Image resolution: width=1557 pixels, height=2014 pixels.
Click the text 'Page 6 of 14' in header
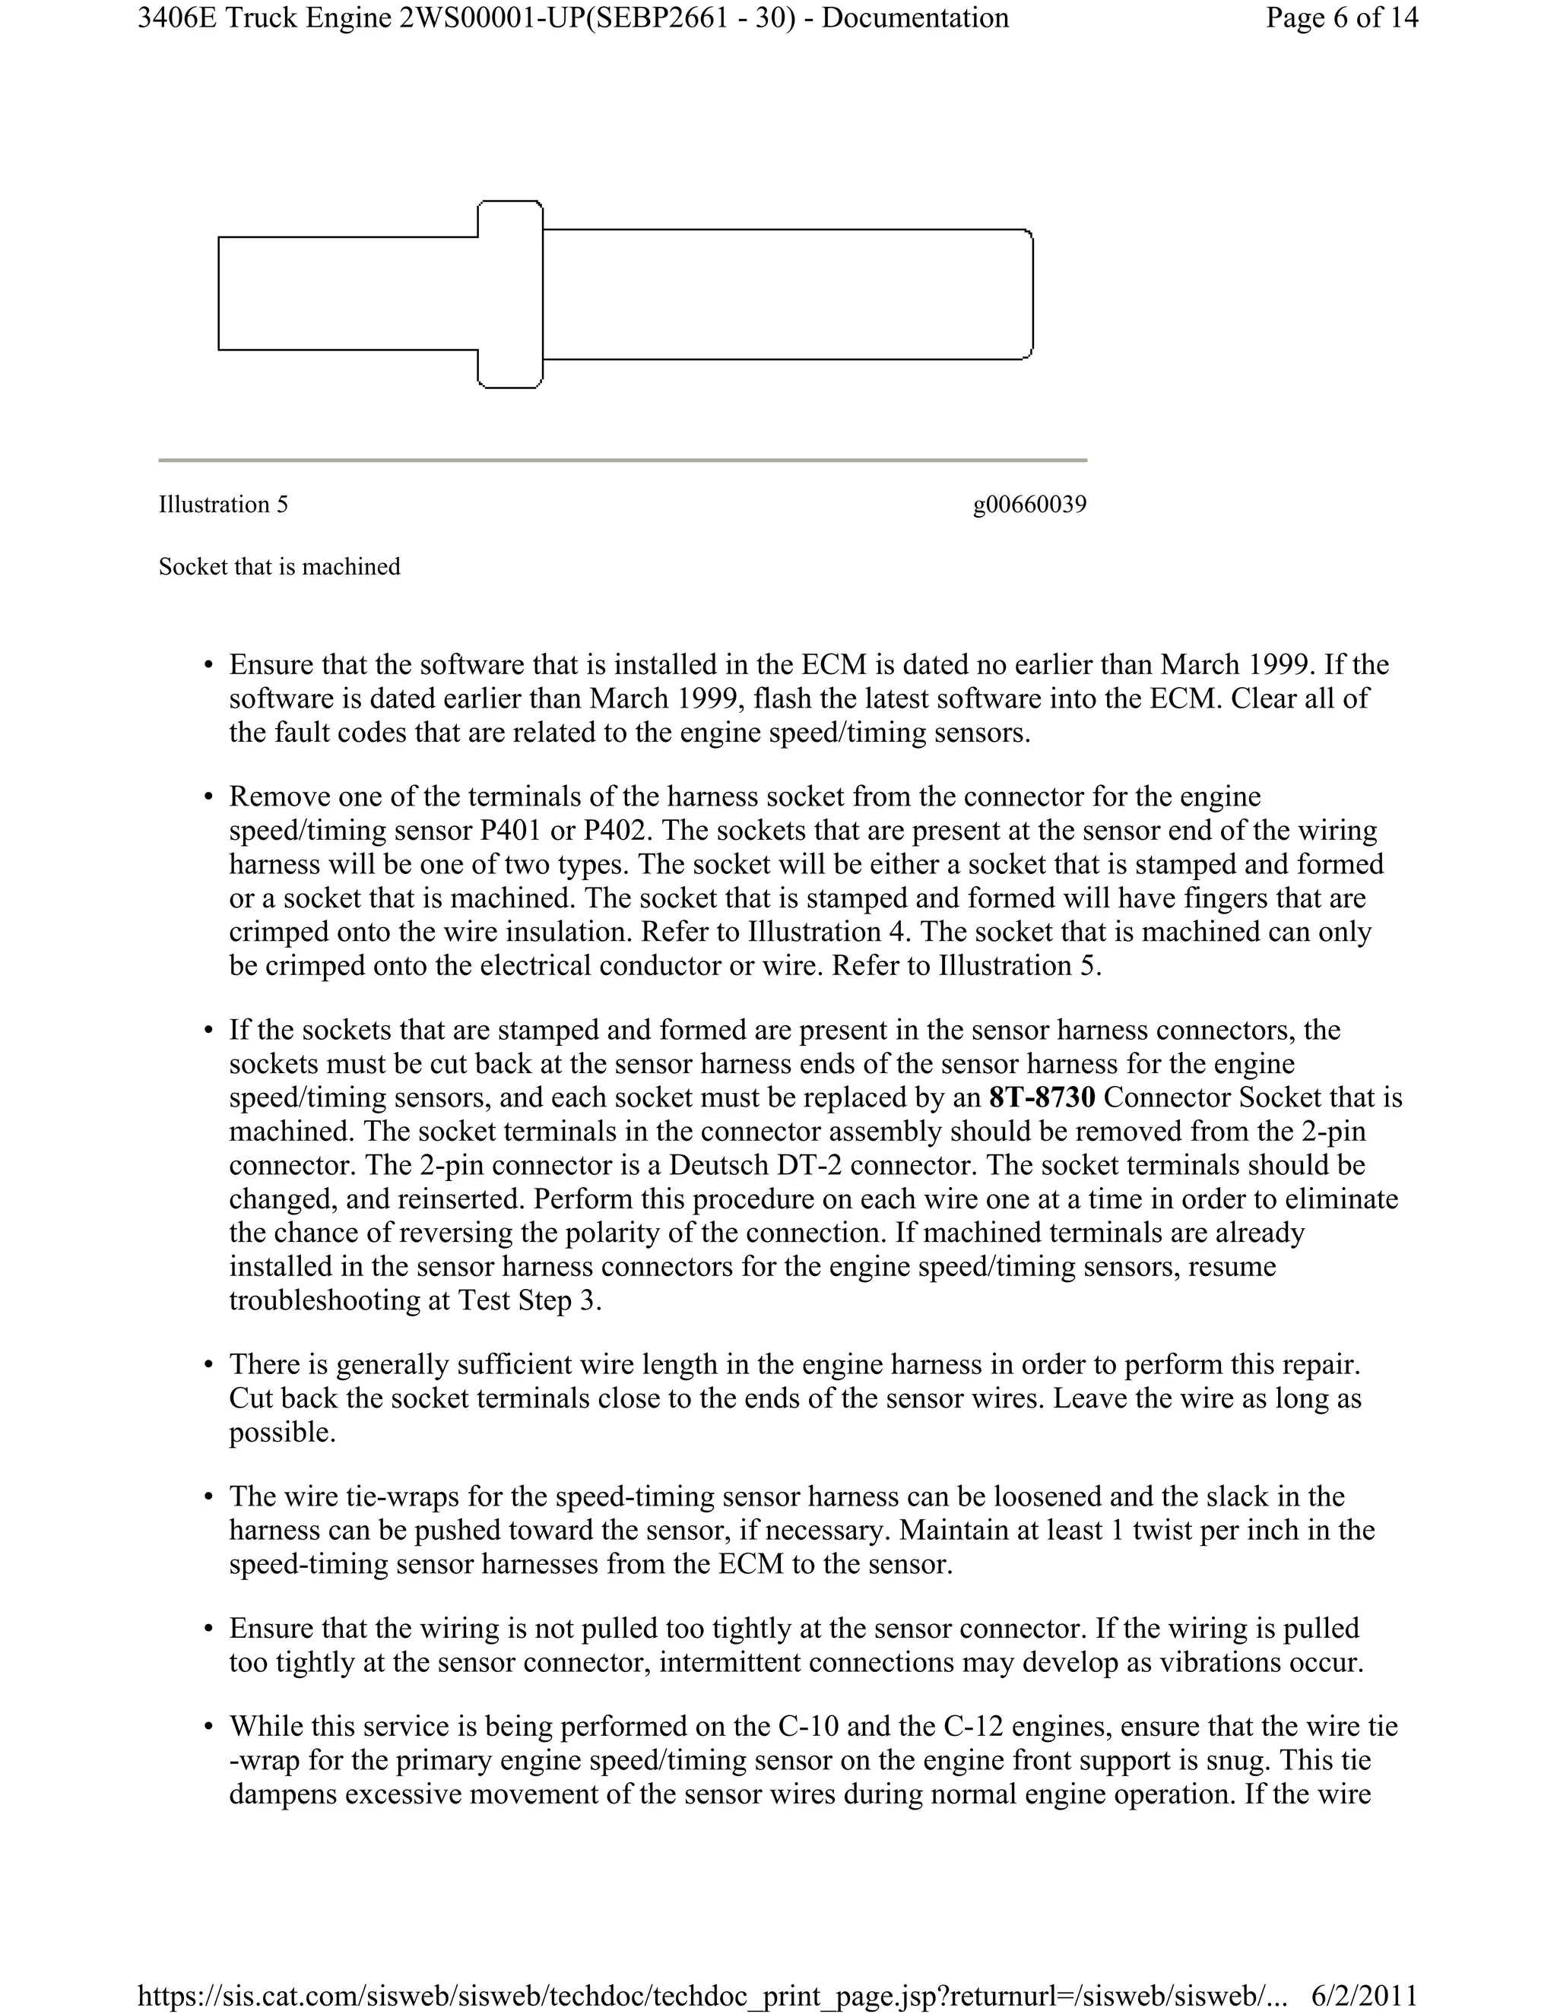point(1341,18)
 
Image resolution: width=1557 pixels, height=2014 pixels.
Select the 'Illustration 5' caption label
point(224,505)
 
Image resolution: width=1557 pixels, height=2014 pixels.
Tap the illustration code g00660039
point(1029,505)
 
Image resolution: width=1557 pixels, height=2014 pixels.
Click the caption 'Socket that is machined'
point(280,566)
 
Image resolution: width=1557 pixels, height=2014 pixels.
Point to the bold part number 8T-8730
point(1042,1097)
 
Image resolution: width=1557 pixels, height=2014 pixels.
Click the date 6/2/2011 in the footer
point(1363,1996)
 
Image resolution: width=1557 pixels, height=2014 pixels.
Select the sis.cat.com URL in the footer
point(711,1996)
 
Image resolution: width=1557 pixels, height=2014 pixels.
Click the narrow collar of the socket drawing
point(510,294)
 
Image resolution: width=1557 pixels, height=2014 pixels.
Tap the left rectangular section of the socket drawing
point(347,294)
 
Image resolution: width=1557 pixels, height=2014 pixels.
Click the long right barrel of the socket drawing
point(787,294)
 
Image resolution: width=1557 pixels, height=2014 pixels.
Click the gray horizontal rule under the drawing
point(623,459)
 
